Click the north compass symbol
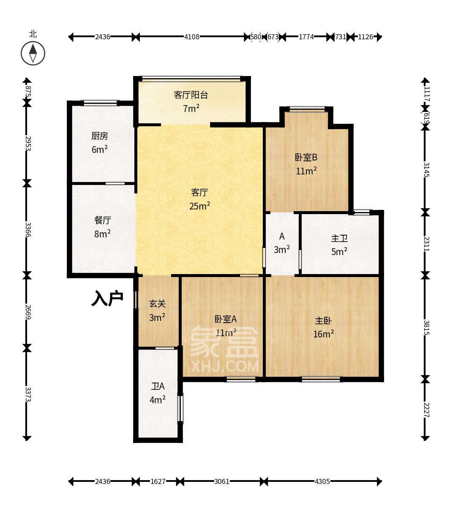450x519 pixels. [33, 54]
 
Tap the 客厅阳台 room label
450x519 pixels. [191, 95]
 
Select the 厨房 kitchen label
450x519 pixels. [100, 136]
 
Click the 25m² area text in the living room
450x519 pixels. [200, 206]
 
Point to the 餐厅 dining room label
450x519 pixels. [103, 220]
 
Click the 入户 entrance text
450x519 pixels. [107, 298]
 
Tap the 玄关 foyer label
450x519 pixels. [157, 304]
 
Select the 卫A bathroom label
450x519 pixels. [158, 386]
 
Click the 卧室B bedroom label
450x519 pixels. [306, 158]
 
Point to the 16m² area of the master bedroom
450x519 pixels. [323, 334]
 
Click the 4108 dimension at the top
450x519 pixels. [191, 37]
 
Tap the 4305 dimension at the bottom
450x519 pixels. [322, 481]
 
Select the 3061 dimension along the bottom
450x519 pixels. [221, 481]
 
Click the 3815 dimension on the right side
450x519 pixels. [426, 328]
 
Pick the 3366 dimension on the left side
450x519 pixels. [27, 229]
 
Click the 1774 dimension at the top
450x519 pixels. [306, 37]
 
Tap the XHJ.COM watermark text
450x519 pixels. [225, 366]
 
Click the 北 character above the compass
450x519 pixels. [33, 34]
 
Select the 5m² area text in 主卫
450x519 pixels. [339, 252]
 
